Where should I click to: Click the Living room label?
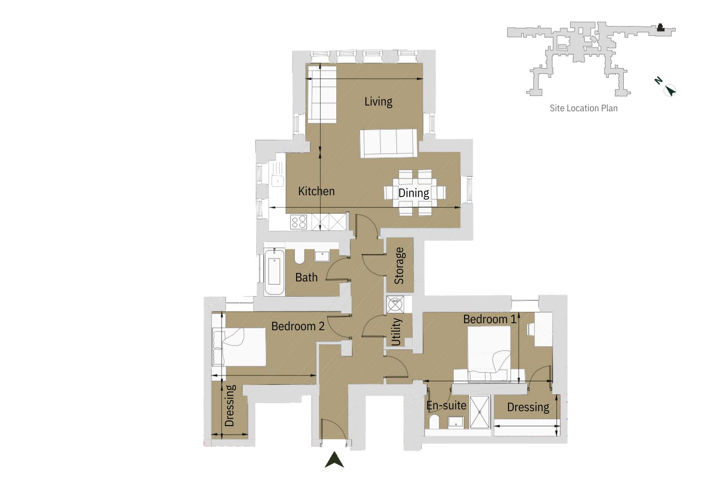coord(378,102)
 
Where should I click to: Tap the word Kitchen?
coord(316,191)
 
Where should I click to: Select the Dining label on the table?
coord(413,193)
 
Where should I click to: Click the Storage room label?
coord(399,266)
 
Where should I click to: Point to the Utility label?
coord(396,332)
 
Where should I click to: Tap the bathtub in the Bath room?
coord(274,271)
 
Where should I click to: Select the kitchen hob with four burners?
coord(299,222)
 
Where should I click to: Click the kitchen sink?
coord(277,180)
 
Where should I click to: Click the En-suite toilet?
coord(434,422)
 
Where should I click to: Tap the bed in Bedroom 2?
coord(240,347)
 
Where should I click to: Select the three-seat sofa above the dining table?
coord(389,143)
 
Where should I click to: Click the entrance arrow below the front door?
coord(334,460)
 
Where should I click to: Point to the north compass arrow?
coord(669,91)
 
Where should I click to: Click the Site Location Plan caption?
coord(583,108)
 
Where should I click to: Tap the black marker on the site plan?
coord(660,28)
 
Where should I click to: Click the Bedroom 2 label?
coord(298,326)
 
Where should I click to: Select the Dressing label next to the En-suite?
coord(528,407)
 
